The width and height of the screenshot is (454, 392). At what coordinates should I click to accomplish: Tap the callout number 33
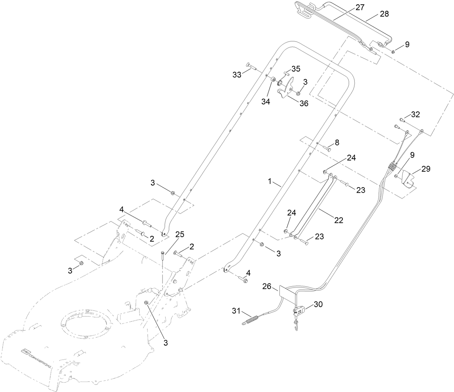tap(237, 75)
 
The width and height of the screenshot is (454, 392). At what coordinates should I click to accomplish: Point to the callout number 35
tap(296, 69)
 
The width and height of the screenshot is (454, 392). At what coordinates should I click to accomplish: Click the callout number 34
tap(266, 102)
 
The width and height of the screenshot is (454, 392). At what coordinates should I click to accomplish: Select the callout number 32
tap(415, 115)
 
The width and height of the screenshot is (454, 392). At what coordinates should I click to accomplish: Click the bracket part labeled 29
tap(407, 179)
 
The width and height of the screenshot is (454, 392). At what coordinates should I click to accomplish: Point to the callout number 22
tap(338, 220)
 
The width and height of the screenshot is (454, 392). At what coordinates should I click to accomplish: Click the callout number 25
tap(180, 234)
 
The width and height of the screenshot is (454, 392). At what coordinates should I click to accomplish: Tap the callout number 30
tap(318, 304)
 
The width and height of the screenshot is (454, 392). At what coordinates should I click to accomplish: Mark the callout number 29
tap(426, 169)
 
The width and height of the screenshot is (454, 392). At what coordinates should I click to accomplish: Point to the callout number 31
tap(236, 310)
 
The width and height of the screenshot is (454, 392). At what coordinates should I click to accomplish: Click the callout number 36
tap(304, 103)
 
